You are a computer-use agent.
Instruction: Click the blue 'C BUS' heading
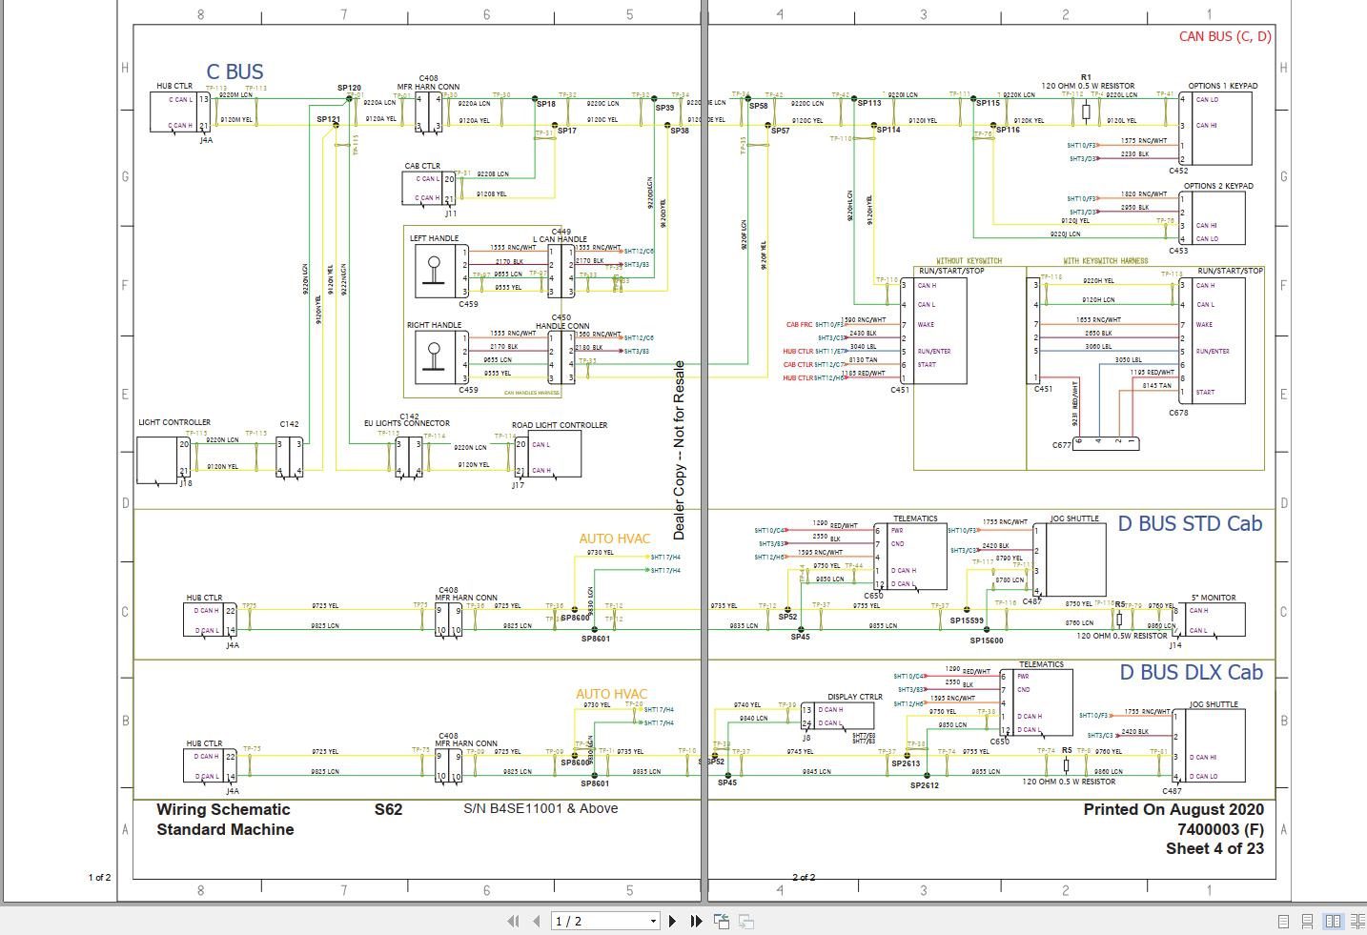[x=235, y=72]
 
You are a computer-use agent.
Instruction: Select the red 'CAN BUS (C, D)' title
[x=1225, y=36]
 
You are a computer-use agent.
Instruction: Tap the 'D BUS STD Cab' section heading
[x=1190, y=524]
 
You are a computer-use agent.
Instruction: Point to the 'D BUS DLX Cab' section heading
[x=1191, y=673]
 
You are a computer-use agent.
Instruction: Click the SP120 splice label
[x=349, y=88]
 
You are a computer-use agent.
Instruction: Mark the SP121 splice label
[x=328, y=120]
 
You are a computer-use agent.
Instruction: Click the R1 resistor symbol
[x=1086, y=112]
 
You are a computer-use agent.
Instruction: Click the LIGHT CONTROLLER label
[x=174, y=422]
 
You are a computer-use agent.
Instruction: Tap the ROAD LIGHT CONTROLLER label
[x=560, y=425]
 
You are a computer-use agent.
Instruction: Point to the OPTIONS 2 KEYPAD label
[x=1218, y=187]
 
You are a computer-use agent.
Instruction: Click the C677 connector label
[x=1062, y=445]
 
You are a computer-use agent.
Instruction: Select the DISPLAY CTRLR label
[x=855, y=697]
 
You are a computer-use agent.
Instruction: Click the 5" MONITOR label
[x=1213, y=598]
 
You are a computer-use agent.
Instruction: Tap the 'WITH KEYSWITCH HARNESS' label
[x=1105, y=261]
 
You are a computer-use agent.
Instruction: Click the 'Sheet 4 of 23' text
[x=1214, y=848]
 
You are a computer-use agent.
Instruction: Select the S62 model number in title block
[x=388, y=809]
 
